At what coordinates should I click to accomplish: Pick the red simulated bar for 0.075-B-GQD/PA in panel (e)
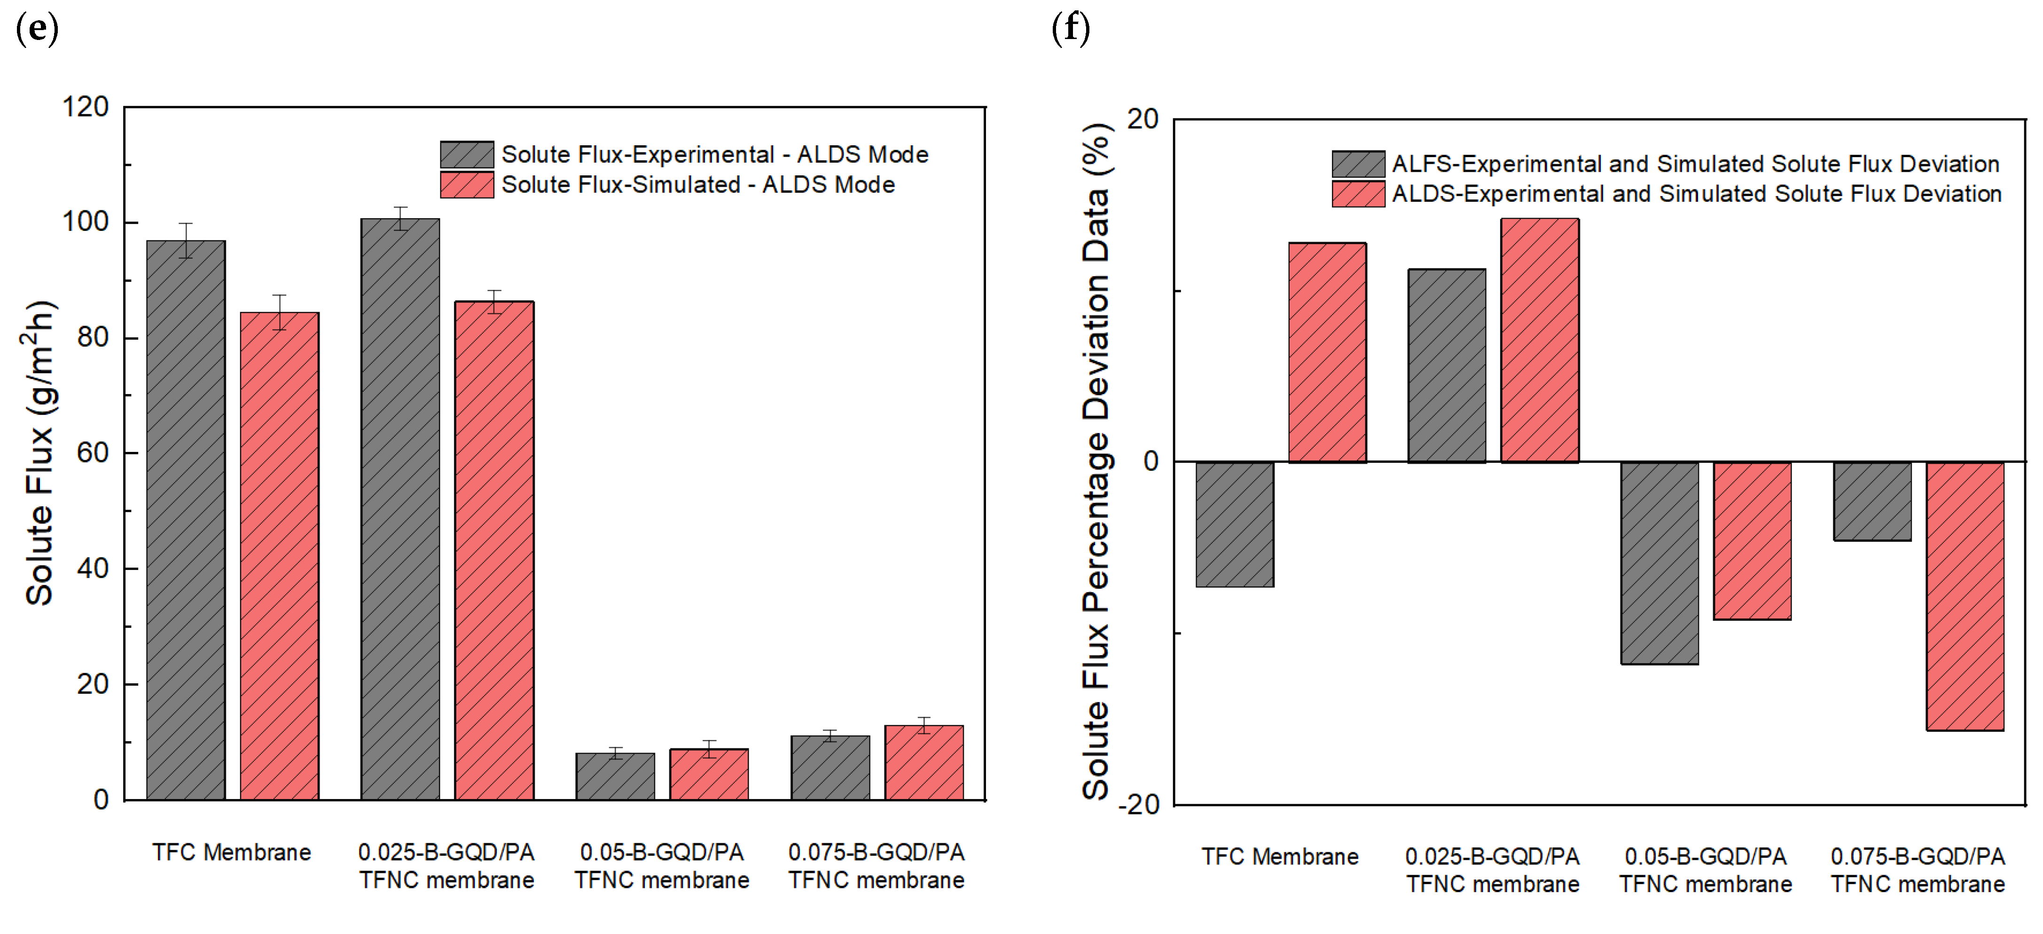[x=924, y=762]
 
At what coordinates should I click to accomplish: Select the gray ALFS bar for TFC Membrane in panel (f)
[x=1234, y=524]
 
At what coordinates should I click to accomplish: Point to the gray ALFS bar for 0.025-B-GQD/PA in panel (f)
[x=1447, y=365]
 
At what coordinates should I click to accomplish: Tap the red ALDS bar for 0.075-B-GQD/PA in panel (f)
[x=1965, y=595]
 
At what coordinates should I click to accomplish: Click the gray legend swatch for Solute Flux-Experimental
[x=467, y=154]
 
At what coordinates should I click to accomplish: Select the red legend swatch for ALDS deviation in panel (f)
[x=1358, y=194]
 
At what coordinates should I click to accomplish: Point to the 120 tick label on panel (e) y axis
[x=86, y=107]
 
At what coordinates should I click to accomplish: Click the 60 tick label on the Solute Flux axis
[x=93, y=453]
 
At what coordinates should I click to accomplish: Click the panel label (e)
[x=37, y=29]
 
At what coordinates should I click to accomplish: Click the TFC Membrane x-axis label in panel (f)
[x=1279, y=857]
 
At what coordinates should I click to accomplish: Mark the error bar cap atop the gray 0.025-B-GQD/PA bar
[x=400, y=208]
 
